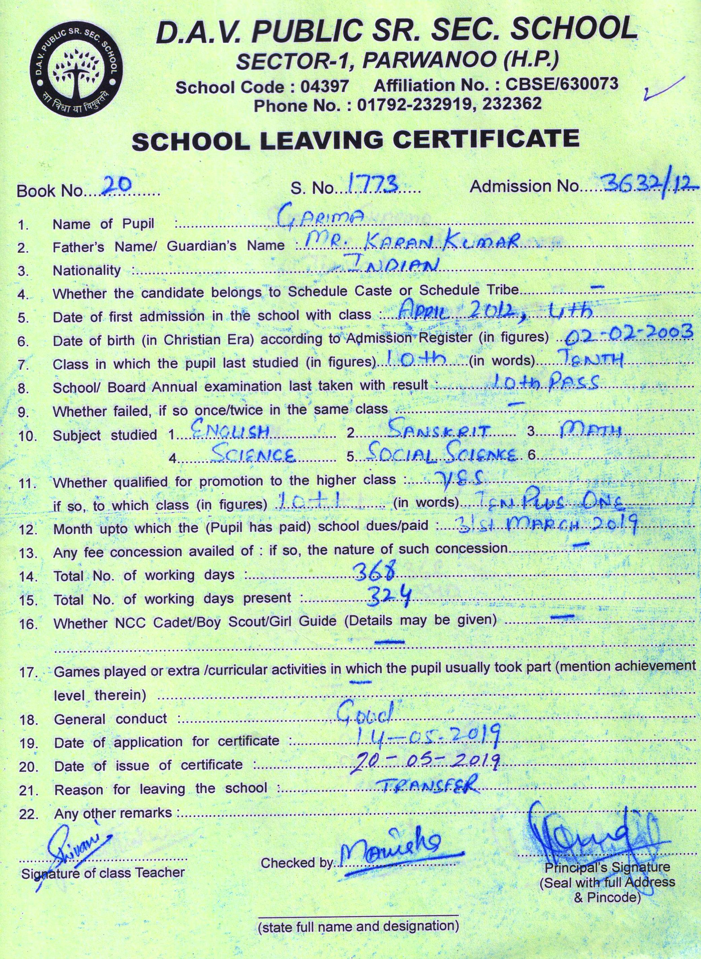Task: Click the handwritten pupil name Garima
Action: point(321,218)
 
